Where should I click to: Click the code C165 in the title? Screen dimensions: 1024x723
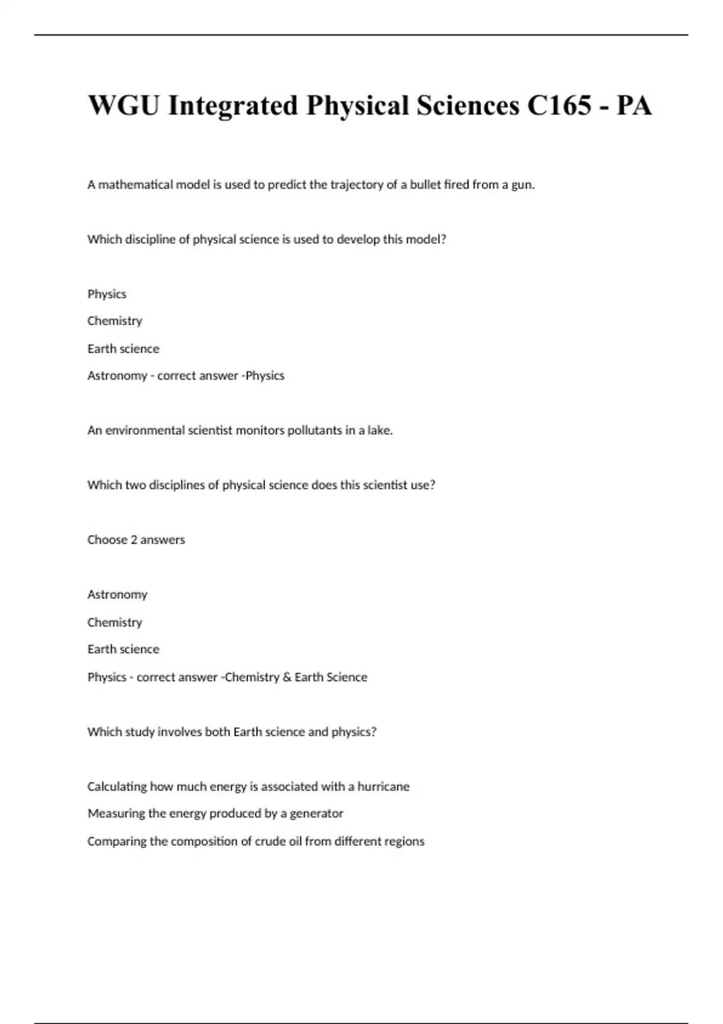click(559, 105)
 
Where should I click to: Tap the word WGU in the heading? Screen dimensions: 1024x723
click(124, 105)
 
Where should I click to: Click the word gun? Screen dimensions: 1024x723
click(522, 186)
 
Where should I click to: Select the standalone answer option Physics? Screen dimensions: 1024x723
click(107, 294)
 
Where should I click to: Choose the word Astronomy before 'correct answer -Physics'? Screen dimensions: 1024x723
click(117, 376)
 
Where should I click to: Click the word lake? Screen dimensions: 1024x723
click(380, 430)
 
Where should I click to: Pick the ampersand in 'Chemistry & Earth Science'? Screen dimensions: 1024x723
click(287, 677)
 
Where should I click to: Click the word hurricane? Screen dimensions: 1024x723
click(383, 786)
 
